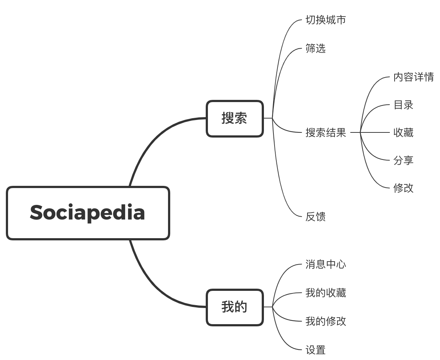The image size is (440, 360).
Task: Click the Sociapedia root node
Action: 88,213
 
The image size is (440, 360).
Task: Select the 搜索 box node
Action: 235,119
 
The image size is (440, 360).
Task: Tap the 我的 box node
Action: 235,307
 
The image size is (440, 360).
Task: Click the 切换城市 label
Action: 326,20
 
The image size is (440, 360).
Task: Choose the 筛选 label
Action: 316,48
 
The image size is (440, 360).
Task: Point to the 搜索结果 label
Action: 326,132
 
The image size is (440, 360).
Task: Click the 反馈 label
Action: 316,217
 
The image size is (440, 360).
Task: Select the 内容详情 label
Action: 414,77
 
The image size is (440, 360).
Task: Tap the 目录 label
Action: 403,105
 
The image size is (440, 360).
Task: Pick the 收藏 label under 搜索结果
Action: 403,132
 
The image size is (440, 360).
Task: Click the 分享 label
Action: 403,160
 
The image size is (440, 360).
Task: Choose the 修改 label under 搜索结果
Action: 403,188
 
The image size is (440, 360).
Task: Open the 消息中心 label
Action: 326,264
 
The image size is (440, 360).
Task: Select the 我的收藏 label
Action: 326,293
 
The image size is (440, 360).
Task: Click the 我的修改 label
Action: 326,321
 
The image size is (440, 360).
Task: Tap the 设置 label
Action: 316,350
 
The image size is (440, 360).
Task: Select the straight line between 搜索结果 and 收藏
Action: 370,132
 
